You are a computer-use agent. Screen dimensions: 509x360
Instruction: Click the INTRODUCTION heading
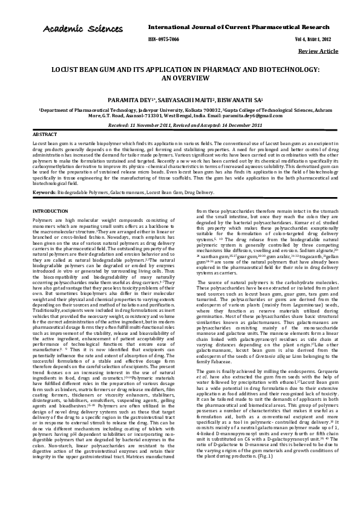50,211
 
